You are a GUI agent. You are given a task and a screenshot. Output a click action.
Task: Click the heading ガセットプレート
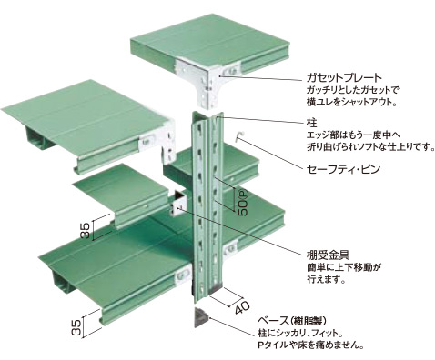[x=344, y=77]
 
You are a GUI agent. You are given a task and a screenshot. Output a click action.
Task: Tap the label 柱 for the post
[x=312, y=124]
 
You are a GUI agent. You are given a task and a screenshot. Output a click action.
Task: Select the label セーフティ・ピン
[x=343, y=169]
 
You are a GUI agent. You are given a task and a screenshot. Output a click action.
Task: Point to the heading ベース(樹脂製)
[x=292, y=321]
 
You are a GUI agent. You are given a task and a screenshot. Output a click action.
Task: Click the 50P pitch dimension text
[x=243, y=203]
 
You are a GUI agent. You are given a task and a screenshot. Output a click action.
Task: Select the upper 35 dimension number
[x=85, y=230]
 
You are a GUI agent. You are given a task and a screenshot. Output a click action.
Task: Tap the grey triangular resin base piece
[x=200, y=317]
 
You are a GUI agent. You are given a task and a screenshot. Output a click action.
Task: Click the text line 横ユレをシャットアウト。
[x=352, y=102]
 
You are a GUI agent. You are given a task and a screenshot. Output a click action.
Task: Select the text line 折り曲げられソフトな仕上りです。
[x=369, y=147]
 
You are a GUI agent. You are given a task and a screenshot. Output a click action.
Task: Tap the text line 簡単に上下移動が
[x=343, y=267]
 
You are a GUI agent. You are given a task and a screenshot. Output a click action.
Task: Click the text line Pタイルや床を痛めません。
[x=310, y=345]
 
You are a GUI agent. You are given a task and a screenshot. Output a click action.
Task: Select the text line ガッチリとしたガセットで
[x=352, y=90]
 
